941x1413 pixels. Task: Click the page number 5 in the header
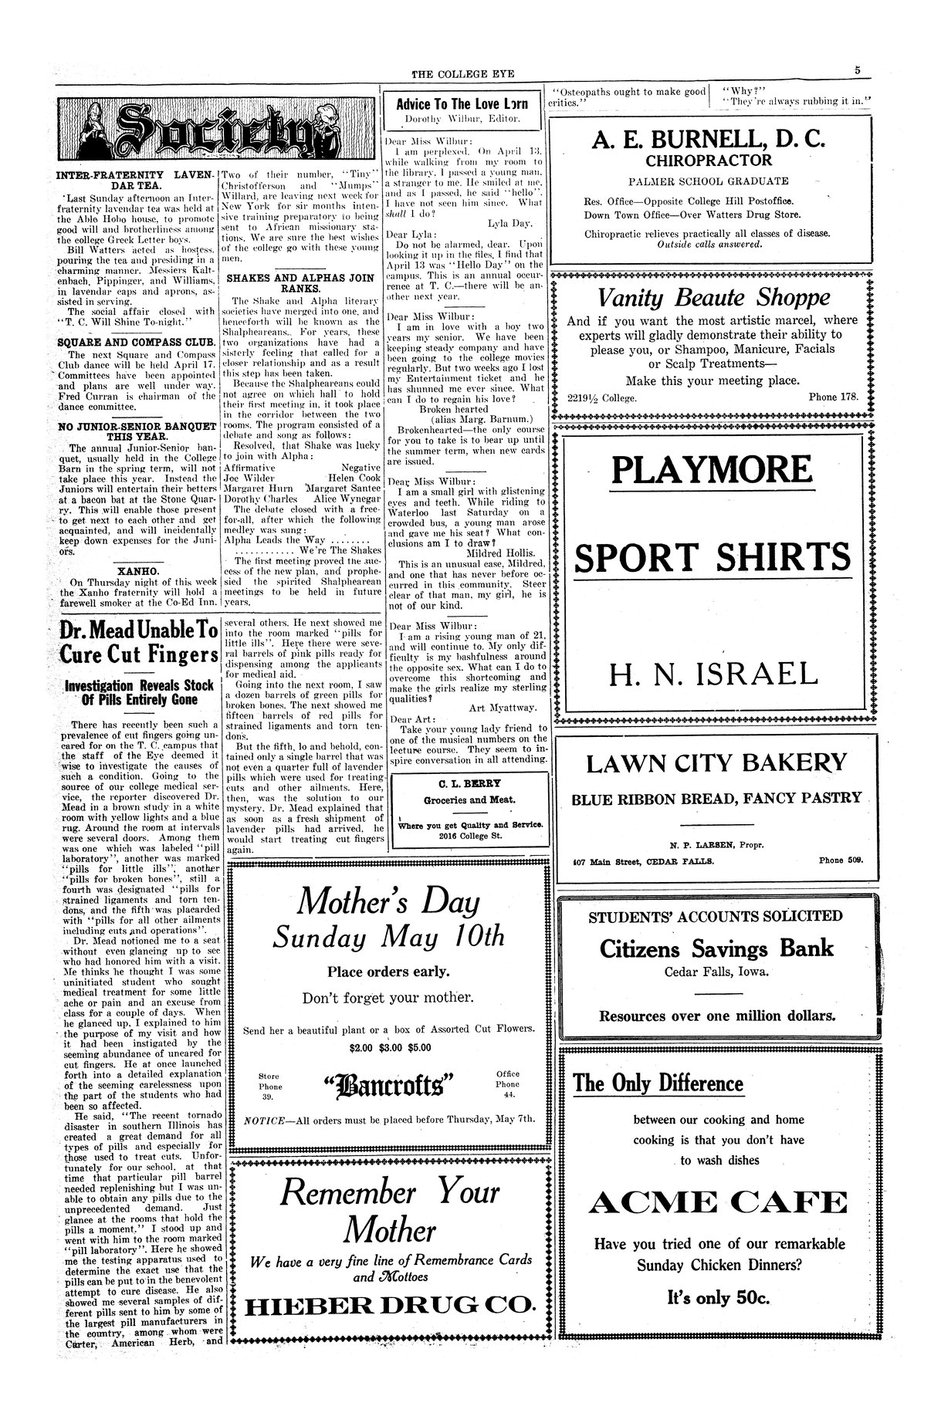858,70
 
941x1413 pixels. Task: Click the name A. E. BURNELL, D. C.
709,140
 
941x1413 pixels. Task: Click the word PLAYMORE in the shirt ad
713,469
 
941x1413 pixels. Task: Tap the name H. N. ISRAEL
713,674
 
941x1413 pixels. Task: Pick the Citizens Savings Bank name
716,948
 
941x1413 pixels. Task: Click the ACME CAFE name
719,1202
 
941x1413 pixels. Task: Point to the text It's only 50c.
718,1299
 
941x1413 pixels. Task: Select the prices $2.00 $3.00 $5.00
388,1047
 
